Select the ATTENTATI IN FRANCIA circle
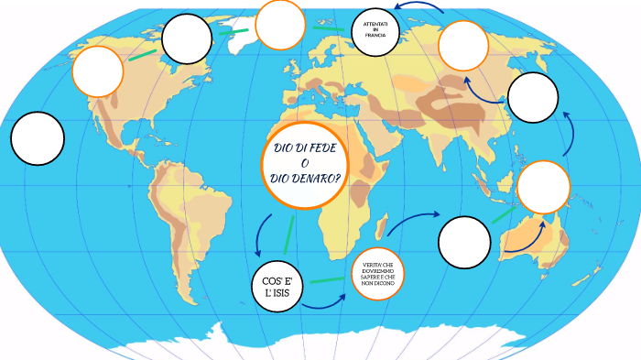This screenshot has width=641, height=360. pos(379,29)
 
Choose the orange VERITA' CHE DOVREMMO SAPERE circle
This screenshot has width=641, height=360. pos(377,273)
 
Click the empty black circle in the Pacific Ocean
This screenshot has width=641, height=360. pos(38,138)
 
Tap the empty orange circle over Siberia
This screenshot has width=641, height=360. pos(463,46)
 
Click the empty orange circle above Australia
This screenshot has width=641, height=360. pos(544,187)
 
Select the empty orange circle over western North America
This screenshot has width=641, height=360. pos(97,71)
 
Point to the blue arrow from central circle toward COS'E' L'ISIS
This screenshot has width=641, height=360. pos(260,235)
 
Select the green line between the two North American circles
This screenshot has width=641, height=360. pos(142,53)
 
